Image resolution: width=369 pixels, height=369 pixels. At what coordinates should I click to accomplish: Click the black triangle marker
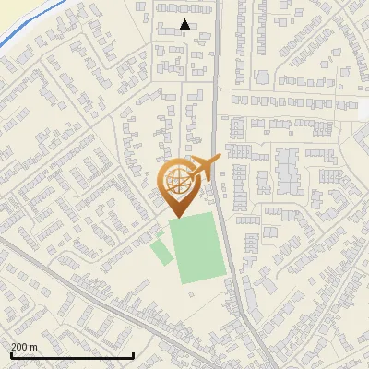point(184,26)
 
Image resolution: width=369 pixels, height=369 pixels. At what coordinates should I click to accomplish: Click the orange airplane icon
point(205,168)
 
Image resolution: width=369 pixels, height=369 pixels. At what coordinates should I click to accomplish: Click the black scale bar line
point(72,355)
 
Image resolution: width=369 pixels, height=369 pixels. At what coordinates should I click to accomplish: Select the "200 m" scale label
point(24,347)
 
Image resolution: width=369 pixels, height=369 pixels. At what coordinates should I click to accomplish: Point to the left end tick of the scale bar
point(9,353)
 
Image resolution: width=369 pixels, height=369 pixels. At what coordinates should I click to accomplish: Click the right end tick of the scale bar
point(135,353)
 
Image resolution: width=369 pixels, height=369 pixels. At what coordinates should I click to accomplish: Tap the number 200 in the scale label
point(19,347)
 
